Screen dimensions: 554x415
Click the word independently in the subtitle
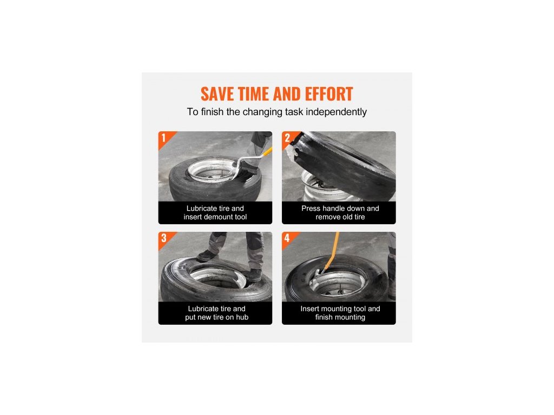click(x=336, y=112)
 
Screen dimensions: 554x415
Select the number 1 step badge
click(x=163, y=138)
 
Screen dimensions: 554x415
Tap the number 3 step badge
click(x=163, y=238)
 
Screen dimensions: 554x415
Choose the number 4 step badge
click(x=287, y=238)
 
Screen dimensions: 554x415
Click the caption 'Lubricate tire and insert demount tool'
click(x=215, y=213)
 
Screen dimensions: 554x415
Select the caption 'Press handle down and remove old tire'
click(x=340, y=213)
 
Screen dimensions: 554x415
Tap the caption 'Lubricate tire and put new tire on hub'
click(x=216, y=313)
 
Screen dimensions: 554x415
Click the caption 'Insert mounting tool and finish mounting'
click(x=340, y=313)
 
